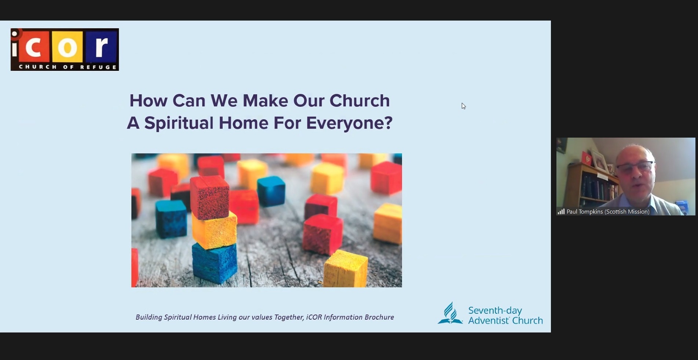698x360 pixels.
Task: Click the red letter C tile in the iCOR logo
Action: (x=34, y=47)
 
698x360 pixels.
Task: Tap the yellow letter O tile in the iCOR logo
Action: (x=67, y=47)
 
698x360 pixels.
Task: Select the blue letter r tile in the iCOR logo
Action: (x=101, y=47)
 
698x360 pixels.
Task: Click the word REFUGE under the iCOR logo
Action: (x=98, y=67)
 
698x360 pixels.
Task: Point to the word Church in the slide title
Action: (x=359, y=101)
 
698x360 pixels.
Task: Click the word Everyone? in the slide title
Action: (x=349, y=123)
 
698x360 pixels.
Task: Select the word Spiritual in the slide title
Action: (x=179, y=123)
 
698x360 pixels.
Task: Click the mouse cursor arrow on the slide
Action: (x=464, y=106)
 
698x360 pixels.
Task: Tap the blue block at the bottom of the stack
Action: (x=215, y=263)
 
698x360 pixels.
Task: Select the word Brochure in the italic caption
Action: (x=376, y=317)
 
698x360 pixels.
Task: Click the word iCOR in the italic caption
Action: (x=314, y=317)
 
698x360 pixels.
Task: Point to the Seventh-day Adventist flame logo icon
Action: (x=450, y=313)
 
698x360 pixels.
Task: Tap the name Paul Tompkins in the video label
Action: (x=585, y=211)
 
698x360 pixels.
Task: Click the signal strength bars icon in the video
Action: (x=561, y=211)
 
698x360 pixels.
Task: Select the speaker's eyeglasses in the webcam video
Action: (x=635, y=167)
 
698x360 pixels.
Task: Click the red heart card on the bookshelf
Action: (x=586, y=158)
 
